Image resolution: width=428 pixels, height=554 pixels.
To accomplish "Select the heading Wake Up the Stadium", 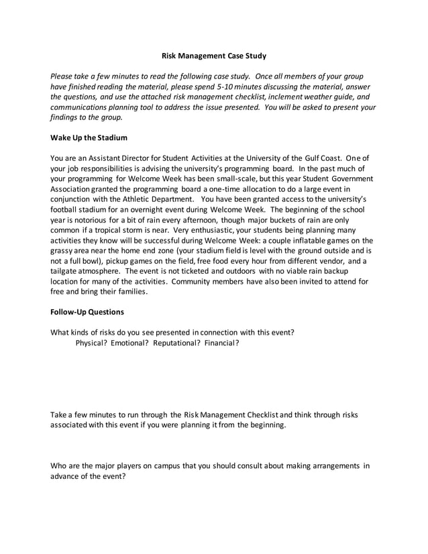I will coord(89,137).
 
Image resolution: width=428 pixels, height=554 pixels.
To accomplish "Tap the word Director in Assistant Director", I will coord(144,158).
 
